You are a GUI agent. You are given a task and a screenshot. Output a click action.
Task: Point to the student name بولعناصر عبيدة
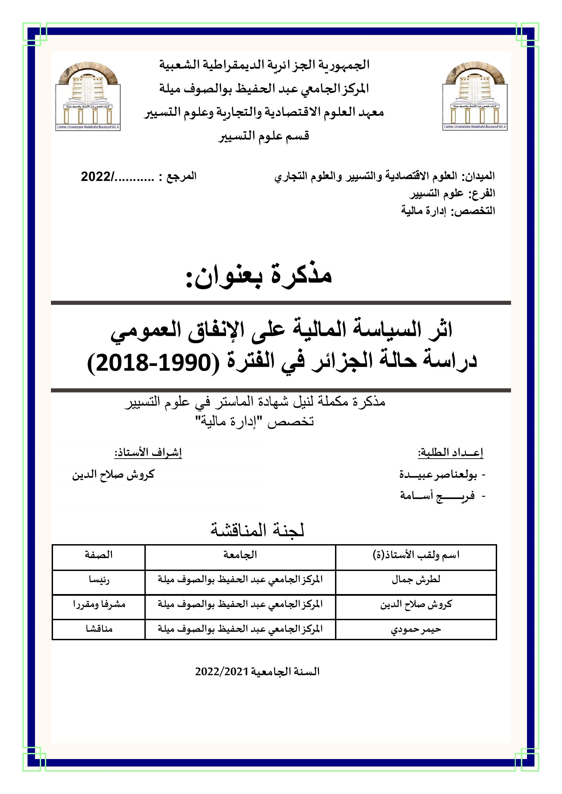coord(438,475)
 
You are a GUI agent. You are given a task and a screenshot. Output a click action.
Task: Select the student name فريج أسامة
coord(437,496)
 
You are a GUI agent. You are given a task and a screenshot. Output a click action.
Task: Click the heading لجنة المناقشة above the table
coord(258,531)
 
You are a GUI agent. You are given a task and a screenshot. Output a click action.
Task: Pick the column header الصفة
coord(99,555)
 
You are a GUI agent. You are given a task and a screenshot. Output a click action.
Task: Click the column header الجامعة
coord(240,555)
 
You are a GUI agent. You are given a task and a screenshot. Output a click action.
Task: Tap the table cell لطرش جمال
coord(416,579)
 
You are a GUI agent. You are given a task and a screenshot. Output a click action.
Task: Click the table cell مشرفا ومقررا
coord(99,604)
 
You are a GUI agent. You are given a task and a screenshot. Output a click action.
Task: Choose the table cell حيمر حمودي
coord(416,629)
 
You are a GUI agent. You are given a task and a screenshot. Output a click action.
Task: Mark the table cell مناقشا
coord(99,629)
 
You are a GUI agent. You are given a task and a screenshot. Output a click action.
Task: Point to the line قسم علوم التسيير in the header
coord(264,136)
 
